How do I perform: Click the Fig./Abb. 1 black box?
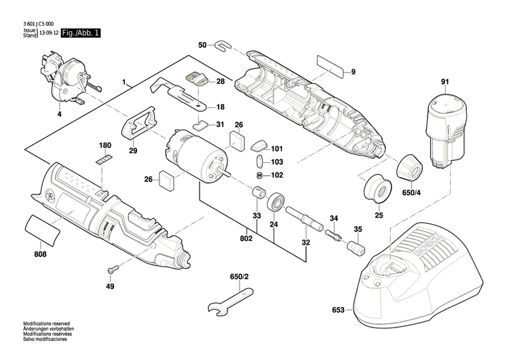(x=80, y=33)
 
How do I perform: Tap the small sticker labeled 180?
(x=104, y=159)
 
